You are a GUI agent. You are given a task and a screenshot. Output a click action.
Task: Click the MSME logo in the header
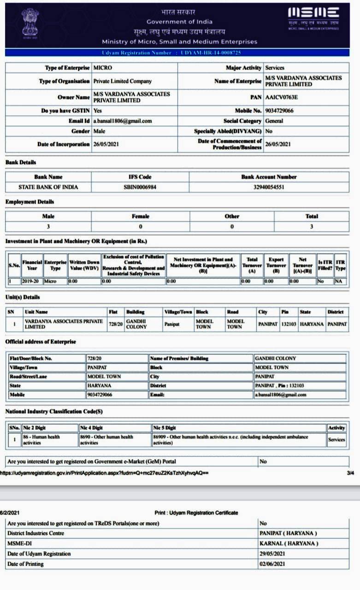[x=313, y=18]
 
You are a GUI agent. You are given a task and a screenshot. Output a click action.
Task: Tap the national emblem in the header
[x=30, y=22]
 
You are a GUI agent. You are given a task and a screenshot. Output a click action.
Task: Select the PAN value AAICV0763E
[x=282, y=97]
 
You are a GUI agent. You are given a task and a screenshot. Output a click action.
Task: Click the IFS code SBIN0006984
[x=140, y=187]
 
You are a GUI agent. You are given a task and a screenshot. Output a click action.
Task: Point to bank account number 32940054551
[x=268, y=187]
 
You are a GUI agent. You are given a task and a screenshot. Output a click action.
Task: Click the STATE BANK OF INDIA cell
[x=48, y=187]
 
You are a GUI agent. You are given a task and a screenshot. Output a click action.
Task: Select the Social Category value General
[x=274, y=121]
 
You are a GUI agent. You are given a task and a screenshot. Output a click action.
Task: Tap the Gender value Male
[x=99, y=131]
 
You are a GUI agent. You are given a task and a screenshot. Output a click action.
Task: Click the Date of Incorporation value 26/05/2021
[x=106, y=144]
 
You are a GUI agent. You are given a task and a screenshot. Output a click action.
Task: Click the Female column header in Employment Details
[x=141, y=216]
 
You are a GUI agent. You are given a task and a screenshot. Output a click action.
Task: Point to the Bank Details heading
[x=21, y=162]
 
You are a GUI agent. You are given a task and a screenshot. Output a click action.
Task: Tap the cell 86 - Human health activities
[x=41, y=440]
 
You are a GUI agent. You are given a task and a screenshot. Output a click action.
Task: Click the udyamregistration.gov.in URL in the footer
[x=104, y=472]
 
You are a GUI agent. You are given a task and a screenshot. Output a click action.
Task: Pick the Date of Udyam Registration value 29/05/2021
[x=272, y=554]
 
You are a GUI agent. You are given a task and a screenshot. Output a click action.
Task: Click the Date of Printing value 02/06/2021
[x=272, y=564]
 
